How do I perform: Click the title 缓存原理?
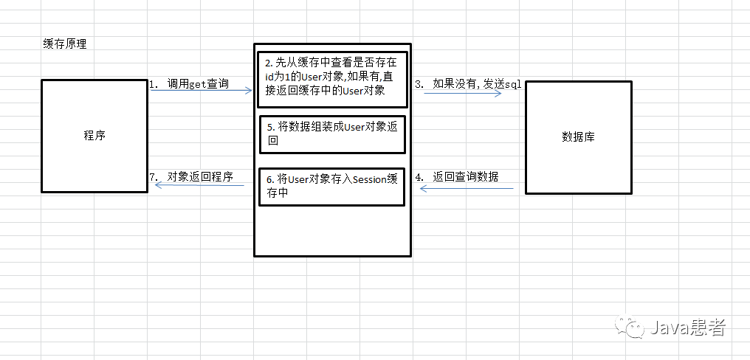(65, 44)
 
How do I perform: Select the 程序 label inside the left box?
(94, 136)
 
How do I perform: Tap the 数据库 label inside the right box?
(578, 136)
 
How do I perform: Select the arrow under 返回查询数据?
(467, 189)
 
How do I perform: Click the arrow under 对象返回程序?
(199, 185)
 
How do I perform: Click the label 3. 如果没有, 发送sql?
(467, 84)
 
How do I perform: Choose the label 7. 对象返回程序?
(190, 177)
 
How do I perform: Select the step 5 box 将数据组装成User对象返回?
(332, 134)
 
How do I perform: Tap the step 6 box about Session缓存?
(332, 187)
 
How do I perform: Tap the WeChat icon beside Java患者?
(633, 327)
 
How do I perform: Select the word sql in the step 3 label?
(513, 84)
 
